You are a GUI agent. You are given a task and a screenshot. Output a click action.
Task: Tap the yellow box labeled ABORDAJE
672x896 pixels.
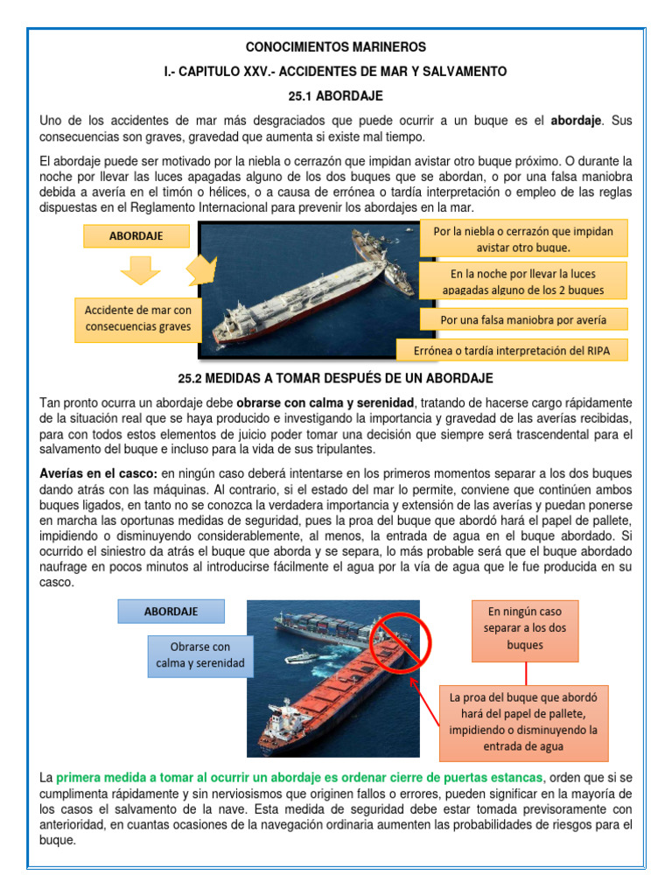tap(136, 235)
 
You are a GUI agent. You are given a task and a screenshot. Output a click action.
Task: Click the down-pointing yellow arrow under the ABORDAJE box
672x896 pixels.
tap(140, 271)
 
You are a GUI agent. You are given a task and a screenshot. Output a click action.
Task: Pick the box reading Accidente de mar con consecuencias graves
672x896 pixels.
tap(137, 319)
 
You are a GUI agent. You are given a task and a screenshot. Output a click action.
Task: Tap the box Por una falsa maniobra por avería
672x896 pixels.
tap(523, 319)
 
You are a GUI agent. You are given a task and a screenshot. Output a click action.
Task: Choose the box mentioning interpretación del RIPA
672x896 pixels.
tap(512, 351)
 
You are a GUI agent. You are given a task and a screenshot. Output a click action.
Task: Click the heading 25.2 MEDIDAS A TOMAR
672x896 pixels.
tap(336, 378)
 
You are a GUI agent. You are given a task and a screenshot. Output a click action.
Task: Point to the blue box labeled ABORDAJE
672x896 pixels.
tap(171, 611)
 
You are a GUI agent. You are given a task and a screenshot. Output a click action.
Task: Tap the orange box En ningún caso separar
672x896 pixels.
tap(525, 629)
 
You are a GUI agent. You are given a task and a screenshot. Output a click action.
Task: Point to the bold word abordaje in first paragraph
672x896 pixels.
tap(576, 119)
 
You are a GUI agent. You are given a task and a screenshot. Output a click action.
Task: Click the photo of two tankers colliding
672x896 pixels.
tap(316, 290)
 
